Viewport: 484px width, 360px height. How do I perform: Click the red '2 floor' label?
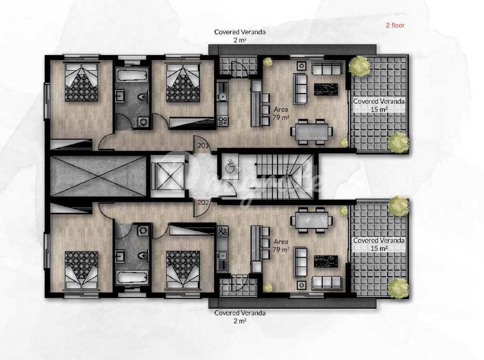click(x=395, y=25)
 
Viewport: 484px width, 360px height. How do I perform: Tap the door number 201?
click(x=203, y=145)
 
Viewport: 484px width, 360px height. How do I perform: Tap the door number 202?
click(x=203, y=202)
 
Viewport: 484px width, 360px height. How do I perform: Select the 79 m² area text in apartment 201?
click(x=281, y=118)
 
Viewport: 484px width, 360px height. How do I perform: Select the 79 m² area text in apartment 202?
click(x=281, y=249)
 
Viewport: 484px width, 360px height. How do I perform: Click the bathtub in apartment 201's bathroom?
click(x=132, y=74)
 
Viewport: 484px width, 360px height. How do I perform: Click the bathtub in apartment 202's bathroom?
click(x=132, y=277)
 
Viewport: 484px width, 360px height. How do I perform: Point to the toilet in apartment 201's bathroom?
click(x=143, y=96)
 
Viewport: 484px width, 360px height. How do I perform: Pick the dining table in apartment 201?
click(x=312, y=132)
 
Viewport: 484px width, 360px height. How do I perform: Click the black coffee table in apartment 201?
click(x=326, y=89)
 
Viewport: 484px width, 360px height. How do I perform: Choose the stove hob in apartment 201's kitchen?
click(x=223, y=121)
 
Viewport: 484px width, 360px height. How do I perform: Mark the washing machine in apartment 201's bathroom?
click(x=143, y=122)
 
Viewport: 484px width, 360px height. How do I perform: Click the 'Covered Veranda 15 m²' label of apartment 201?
click(x=379, y=105)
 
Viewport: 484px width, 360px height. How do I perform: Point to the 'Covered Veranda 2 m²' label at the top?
click(x=240, y=36)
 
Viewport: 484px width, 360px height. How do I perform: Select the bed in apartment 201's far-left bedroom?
click(x=81, y=82)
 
